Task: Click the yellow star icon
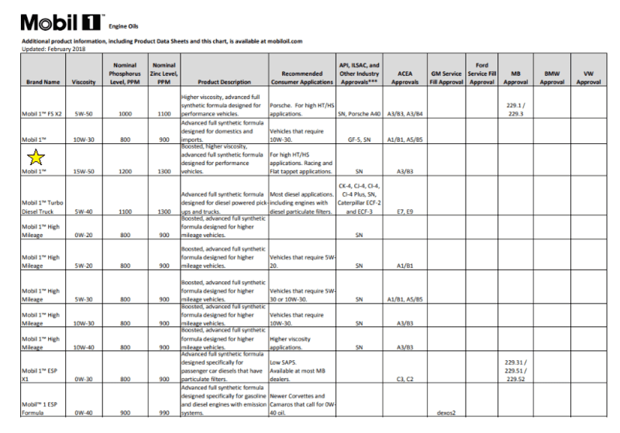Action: click(36, 158)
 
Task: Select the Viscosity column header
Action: click(83, 81)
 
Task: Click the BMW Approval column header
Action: click(552, 77)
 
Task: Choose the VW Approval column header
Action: click(593, 77)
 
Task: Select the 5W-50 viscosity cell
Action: click(83, 114)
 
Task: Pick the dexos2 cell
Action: click(449, 414)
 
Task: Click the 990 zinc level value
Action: click(164, 414)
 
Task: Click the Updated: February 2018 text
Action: click(53, 46)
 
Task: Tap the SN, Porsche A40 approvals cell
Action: click(359, 114)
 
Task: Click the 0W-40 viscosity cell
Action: click(83, 414)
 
